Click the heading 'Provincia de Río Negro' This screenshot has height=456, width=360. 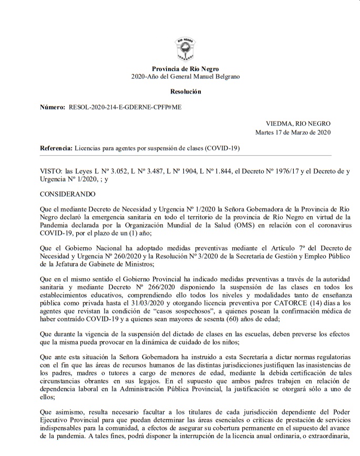186,69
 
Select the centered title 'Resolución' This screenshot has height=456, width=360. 186,92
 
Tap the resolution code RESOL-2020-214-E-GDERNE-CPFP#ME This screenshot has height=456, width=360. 127,107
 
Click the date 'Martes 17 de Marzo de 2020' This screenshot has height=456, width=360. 293,133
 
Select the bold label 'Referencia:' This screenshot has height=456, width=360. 57,148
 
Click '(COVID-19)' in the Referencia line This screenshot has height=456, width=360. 223,148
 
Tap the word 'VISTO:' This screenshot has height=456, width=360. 50,171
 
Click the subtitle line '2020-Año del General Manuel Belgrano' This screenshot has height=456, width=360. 186,77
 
